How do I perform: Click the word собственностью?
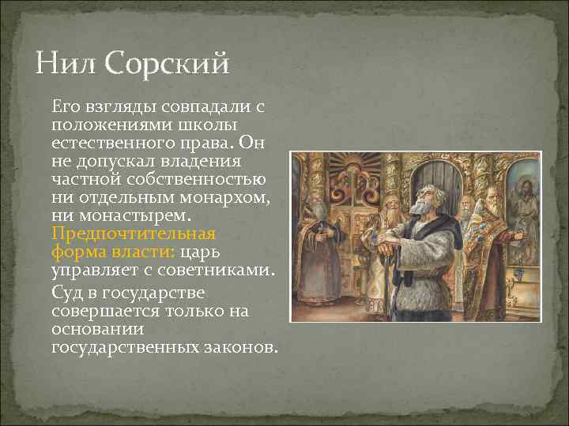tap(204, 179)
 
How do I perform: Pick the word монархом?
tap(223, 196)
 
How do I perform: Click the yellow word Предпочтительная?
tap(133, 234)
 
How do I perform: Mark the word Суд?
tap(68, 291)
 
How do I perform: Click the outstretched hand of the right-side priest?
tap(518, 235)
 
